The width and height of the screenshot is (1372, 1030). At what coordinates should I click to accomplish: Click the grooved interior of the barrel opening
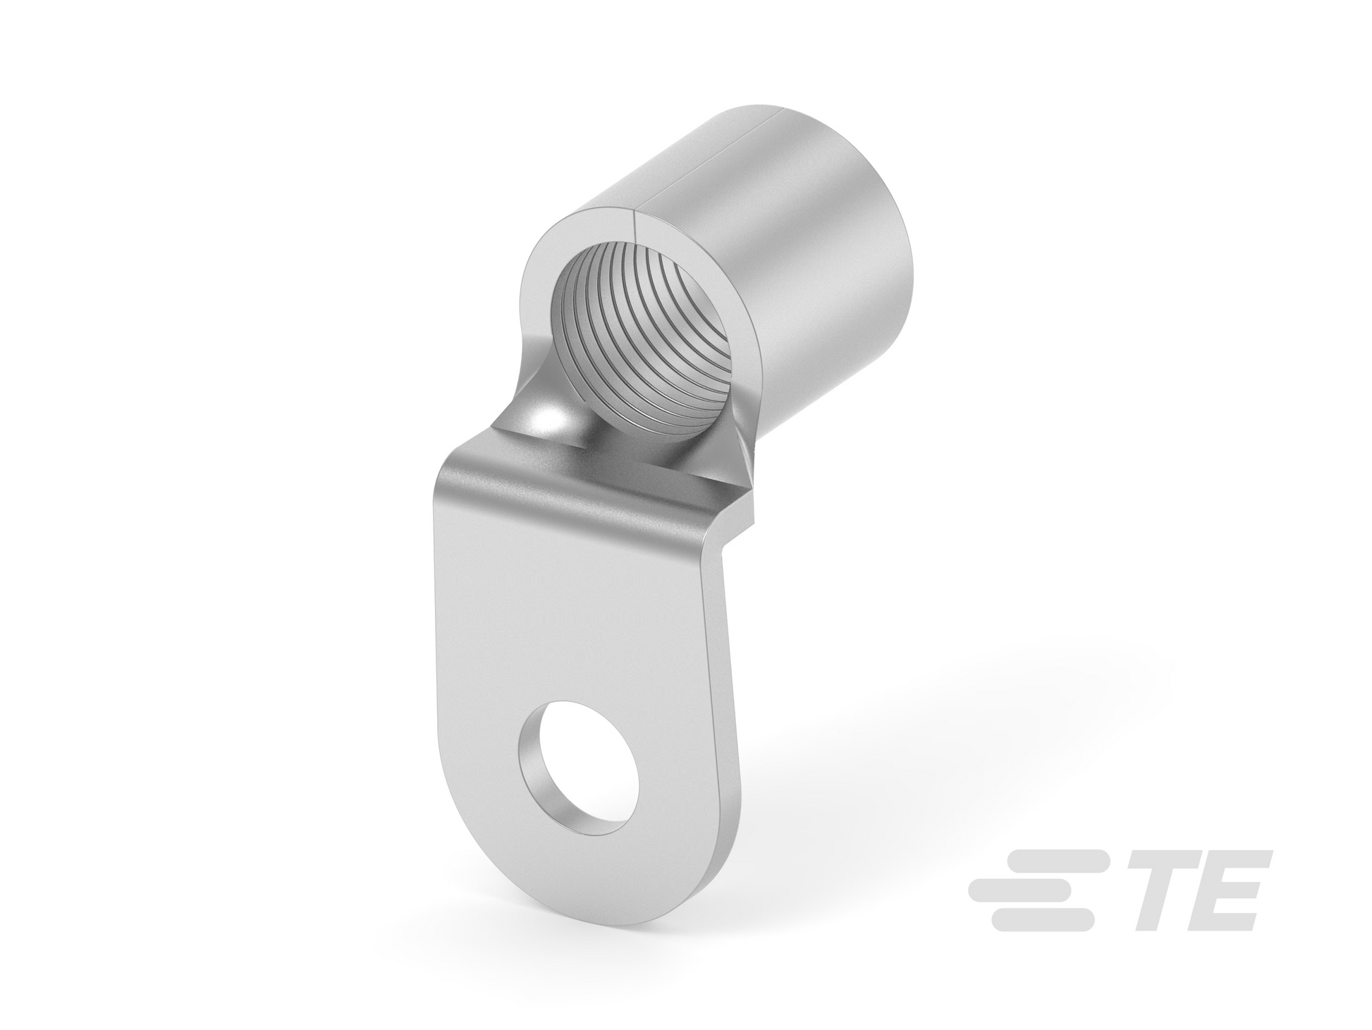point(635,332)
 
